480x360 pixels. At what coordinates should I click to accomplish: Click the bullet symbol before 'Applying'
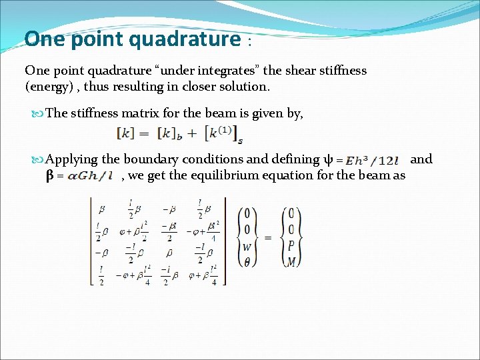tap(37, 159)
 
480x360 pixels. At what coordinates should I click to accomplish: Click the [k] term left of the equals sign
tap(126, 133)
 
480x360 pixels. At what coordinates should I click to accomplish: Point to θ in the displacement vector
tap(247, 262)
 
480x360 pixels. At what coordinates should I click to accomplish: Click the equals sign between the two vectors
tap(268, 237)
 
